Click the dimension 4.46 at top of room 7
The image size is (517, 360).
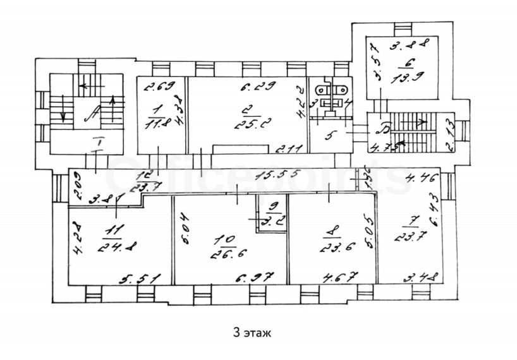point(420,179)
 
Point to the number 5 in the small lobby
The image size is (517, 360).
point(330,135)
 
